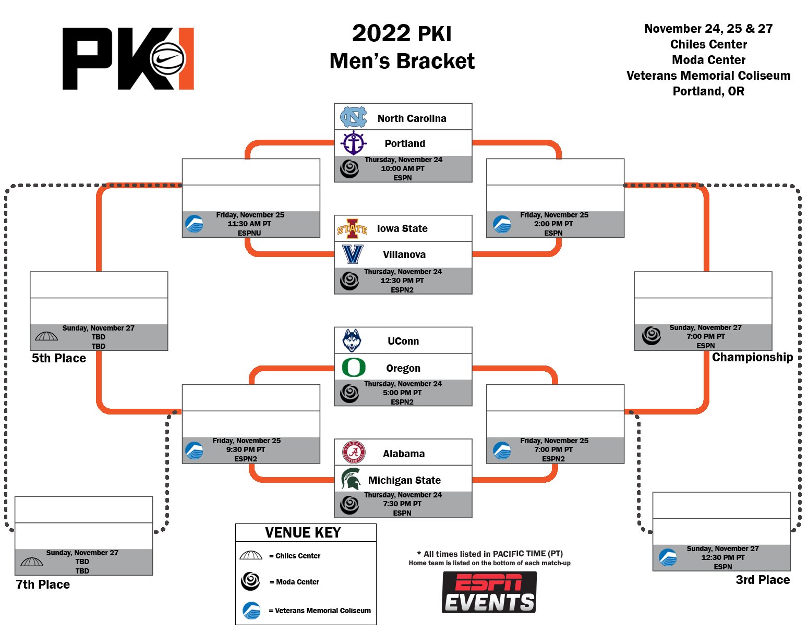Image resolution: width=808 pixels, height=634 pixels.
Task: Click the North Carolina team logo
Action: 353,117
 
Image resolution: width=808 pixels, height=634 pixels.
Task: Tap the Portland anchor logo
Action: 353,143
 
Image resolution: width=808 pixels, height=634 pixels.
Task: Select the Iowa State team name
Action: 402,228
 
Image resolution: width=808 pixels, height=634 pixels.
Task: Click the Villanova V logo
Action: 352,254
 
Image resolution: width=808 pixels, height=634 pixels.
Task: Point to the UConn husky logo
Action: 352,340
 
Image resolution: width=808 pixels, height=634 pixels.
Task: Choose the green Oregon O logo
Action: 354,367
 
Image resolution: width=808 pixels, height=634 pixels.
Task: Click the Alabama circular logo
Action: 354,452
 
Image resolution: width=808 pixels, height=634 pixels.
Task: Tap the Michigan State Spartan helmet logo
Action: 351,479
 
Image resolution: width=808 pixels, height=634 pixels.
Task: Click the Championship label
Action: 752,357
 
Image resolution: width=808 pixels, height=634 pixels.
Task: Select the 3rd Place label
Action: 763,580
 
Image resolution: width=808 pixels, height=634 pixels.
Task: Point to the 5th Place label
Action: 59,358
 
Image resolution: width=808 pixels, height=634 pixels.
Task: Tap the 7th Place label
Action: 43,584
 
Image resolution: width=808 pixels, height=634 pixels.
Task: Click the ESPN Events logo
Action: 489,592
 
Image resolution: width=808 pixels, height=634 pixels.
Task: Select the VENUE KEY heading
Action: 303,532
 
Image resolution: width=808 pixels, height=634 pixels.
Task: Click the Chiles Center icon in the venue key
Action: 251,555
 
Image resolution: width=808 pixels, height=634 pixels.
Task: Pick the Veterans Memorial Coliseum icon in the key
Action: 251,610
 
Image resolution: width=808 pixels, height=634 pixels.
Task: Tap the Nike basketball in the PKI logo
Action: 167,59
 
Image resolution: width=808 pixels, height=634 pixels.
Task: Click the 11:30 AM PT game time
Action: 249,224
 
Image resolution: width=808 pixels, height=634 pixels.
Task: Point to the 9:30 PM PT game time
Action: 246,449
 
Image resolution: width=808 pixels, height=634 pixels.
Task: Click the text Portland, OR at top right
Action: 708,91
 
